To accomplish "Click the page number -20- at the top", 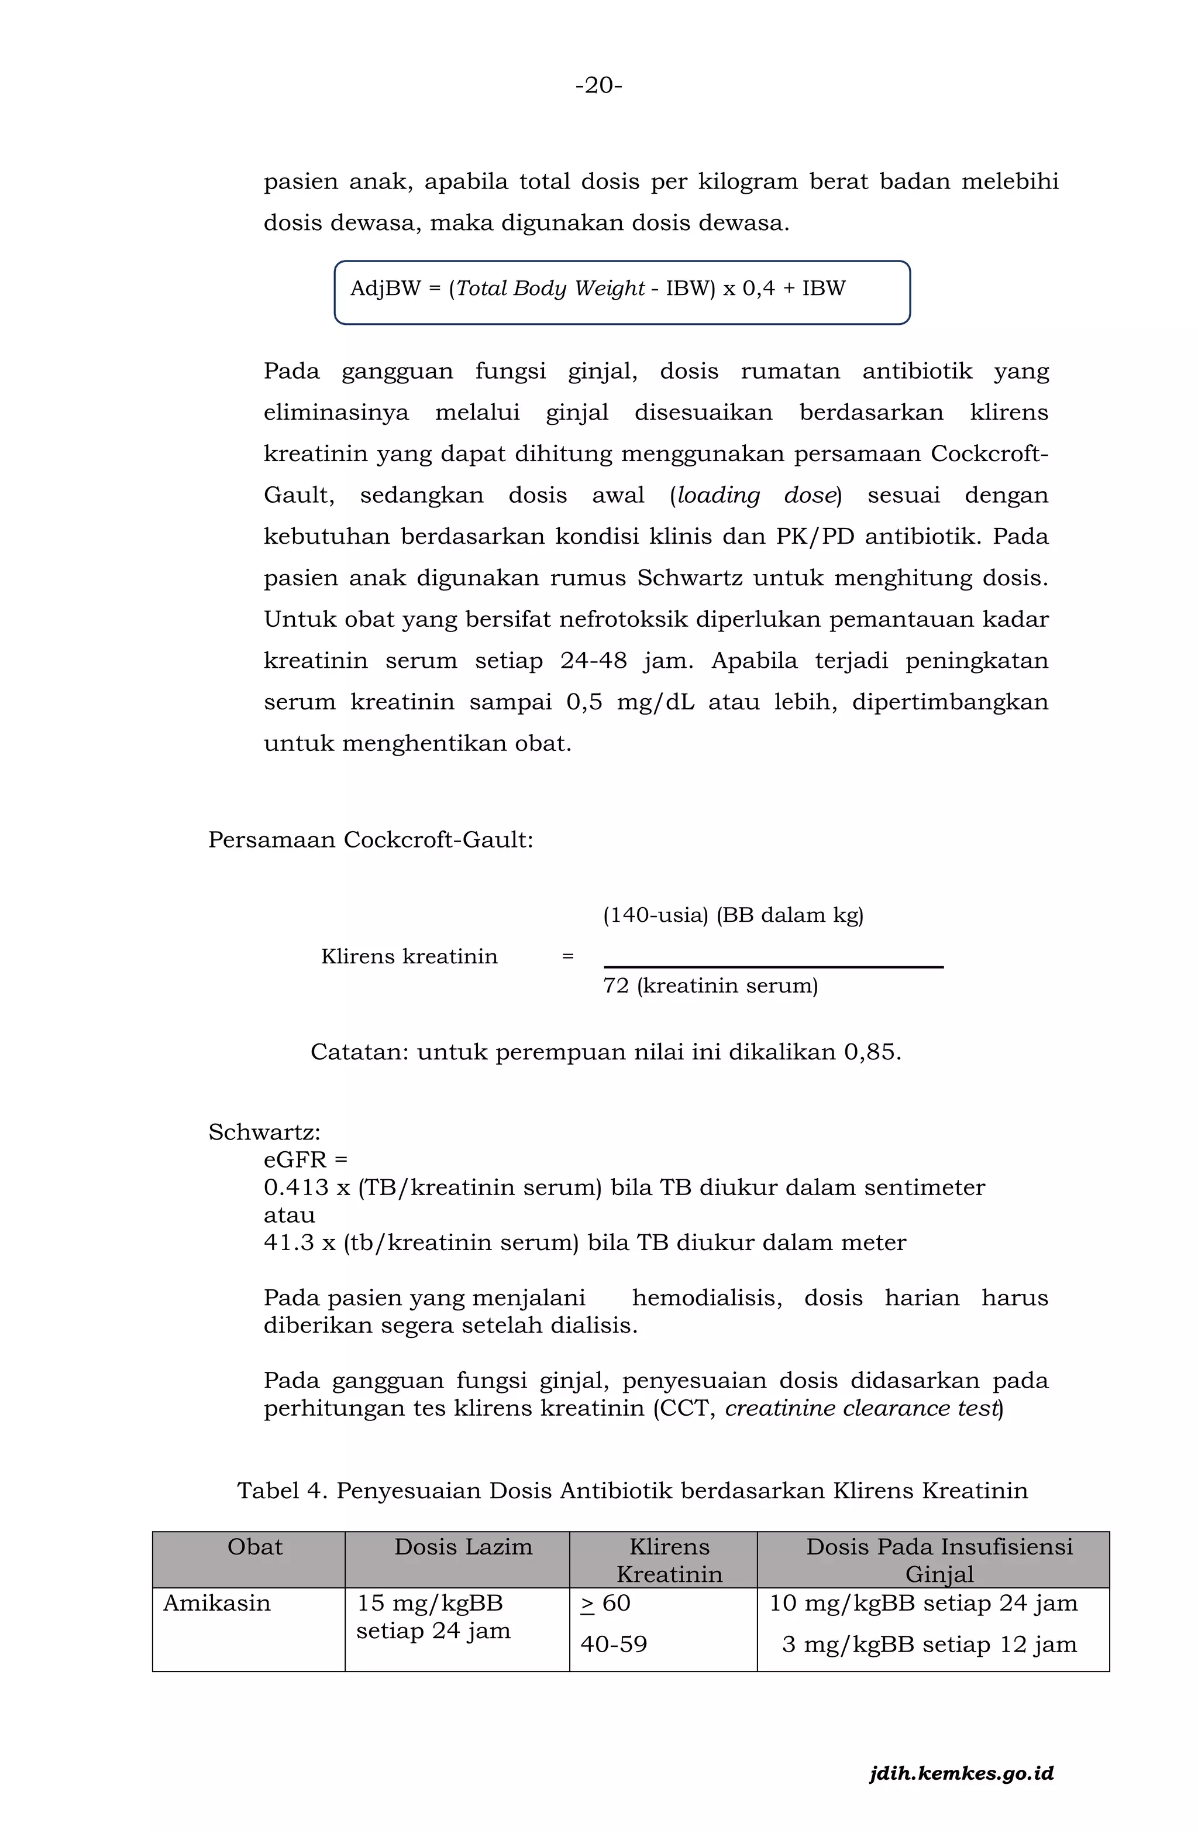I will pyautogui.click(x=598, y=85).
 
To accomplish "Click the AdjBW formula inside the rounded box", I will pyautogui.click(x=597, y=289).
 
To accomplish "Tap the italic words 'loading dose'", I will pyautogui.click(x=755, y=495).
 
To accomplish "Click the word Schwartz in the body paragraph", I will pyautogui.click(x=689, y=578).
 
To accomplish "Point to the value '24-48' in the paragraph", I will pyautogui.click(x=593, y=661).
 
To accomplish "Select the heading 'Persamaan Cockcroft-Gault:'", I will pyautogui.click(x=370, y=839).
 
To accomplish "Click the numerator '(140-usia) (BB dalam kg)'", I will pyautogui.click(x=733, y=915).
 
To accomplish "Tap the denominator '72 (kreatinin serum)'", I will pyautogui.click(x=710, y=985).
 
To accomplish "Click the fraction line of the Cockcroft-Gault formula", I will pyautogui.click(x=773, y=967).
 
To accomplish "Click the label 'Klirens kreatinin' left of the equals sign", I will pyautogui.click(x=409, y=956).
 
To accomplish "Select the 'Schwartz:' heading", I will pyautogui.click(x=264, y=1132).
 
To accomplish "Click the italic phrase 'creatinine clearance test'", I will pyautogui.click(x=862, y=1409).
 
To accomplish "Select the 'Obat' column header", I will pyautogui.click(x=255, y=1547).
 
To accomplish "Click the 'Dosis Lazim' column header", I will pyautogui.click(x=463, y=1547).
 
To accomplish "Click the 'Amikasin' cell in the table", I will pyautogui.click(x=217, y=1604).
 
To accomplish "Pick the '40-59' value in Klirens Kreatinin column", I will pyautogui.click(x=614, y=1645).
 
